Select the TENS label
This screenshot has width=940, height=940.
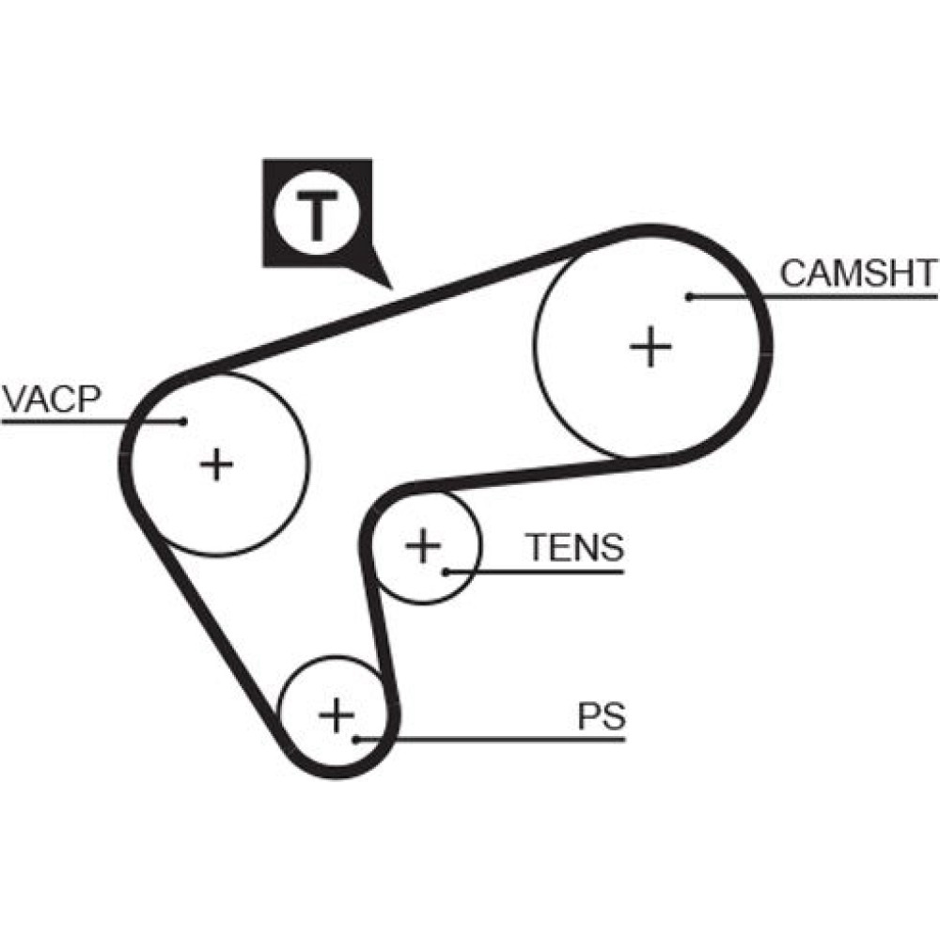point(573,547)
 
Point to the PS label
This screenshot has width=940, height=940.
point(601,716)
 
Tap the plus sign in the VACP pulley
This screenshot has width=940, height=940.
point(217,463)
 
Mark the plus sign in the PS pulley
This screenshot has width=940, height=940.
point(336,716)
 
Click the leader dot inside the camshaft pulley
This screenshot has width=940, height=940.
point(689,296)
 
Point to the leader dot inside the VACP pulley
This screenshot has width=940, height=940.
point(184,421)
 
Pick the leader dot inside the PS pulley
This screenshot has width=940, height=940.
point(357,740)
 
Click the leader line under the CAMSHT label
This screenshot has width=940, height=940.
point(846,296)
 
